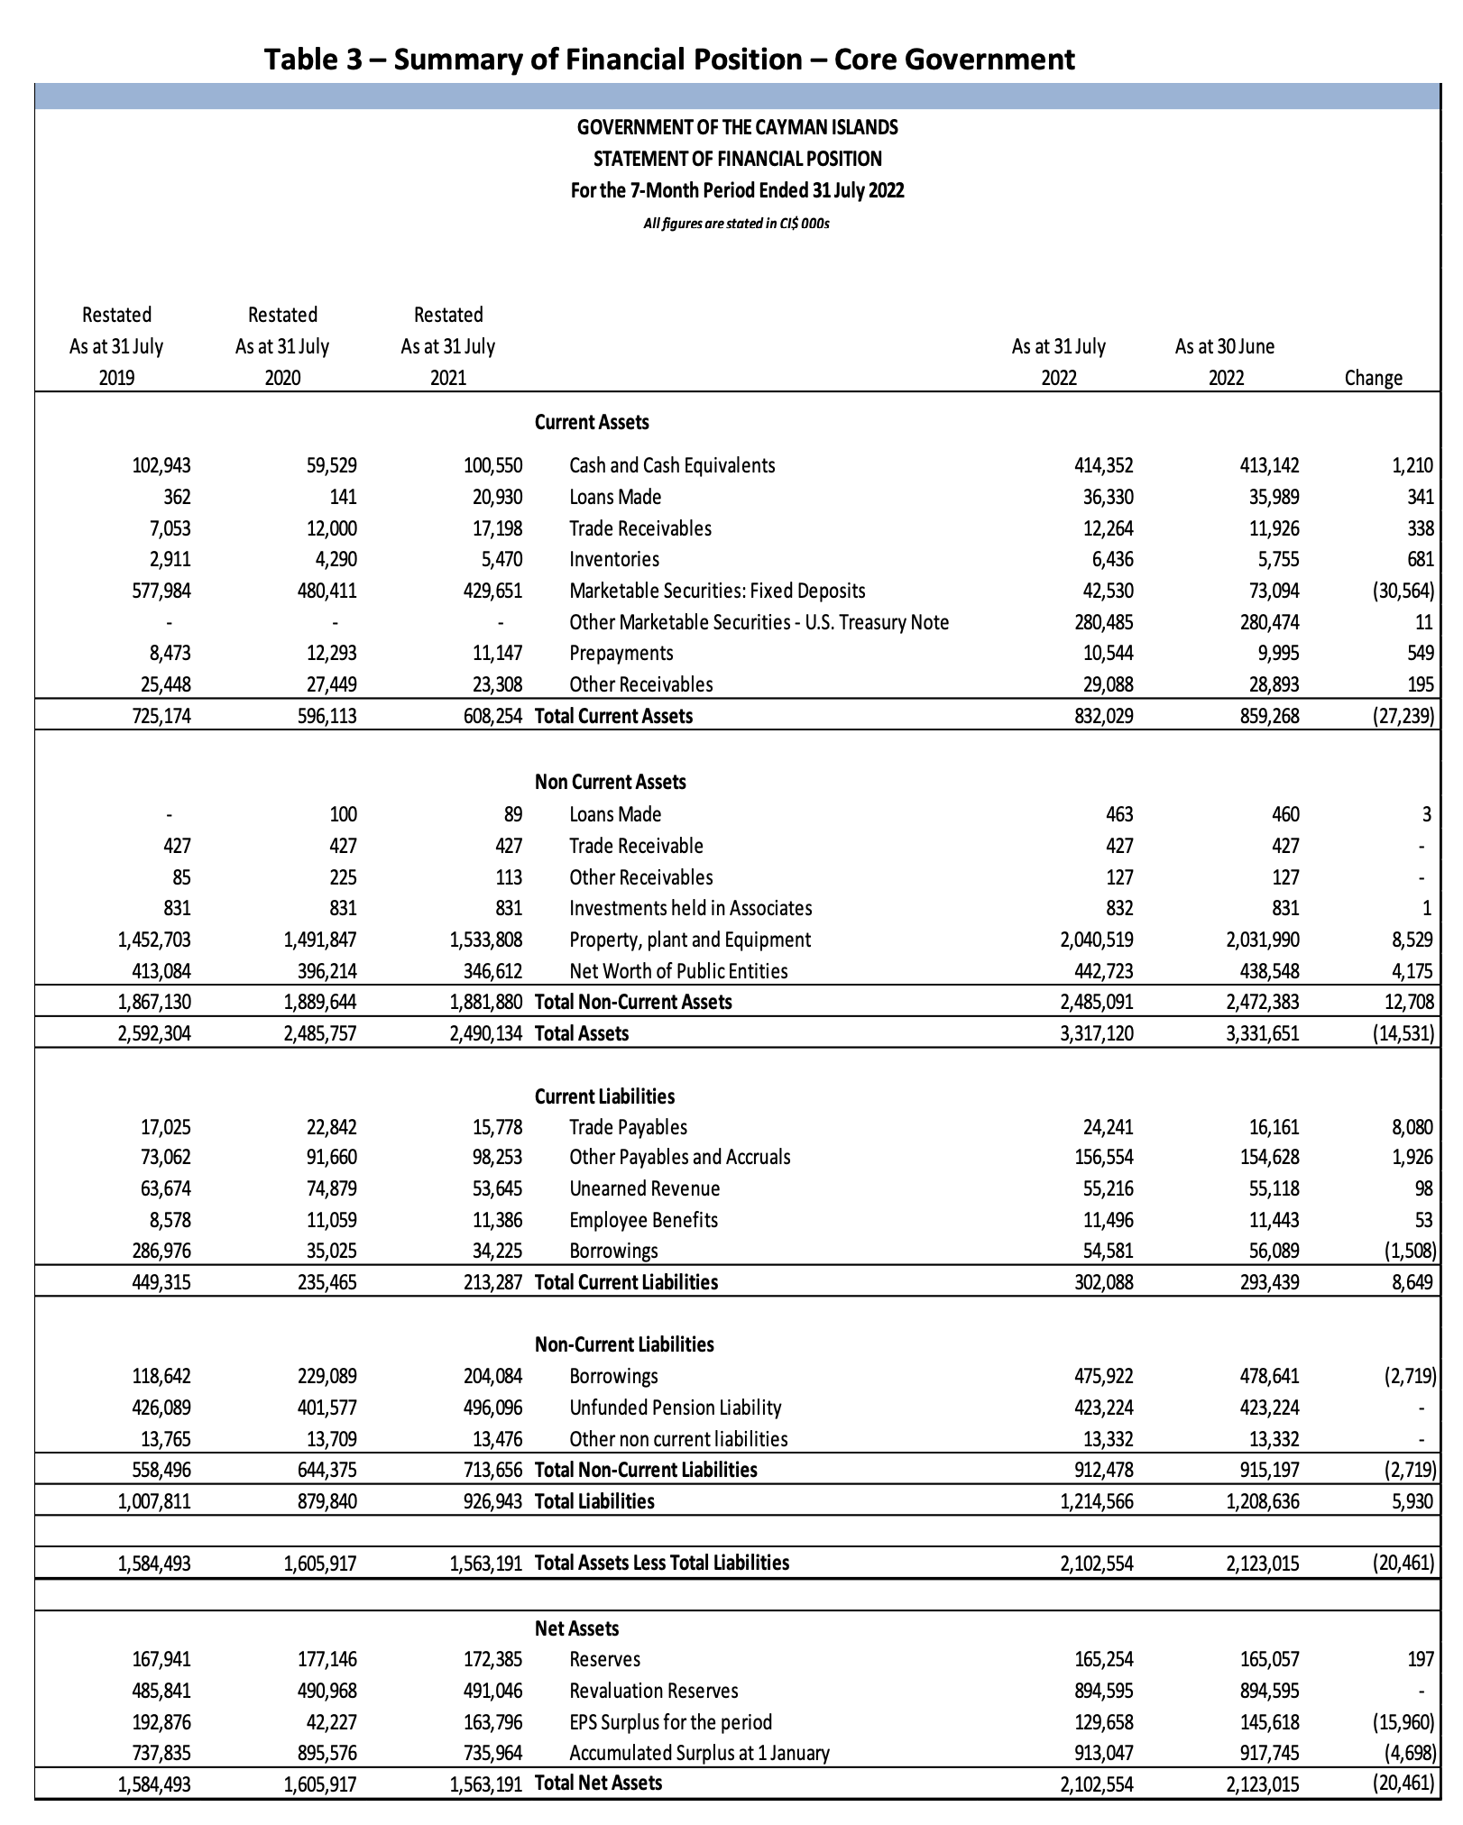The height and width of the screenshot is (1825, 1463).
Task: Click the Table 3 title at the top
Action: pos(668,59)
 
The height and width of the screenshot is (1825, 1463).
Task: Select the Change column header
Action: pos(1373,378)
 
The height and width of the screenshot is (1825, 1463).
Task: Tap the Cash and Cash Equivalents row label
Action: pos(672,465)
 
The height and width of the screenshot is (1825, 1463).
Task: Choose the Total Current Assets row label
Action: pos(613,716)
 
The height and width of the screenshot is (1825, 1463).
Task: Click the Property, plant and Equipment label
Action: pos(690,940)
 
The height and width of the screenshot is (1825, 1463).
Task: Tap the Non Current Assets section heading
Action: pos(610,782)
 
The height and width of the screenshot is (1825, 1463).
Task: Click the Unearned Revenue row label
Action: pos(644,1188)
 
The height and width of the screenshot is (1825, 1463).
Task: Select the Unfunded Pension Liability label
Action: pos(675,1408)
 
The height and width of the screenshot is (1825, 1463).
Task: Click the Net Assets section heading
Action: pos(576,1628)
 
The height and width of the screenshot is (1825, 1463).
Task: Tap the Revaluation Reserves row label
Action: pos(653,1691)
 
